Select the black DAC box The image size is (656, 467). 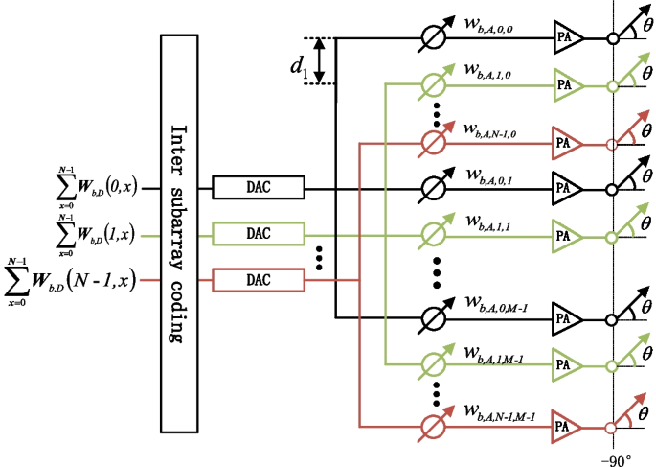(x=258, y=188)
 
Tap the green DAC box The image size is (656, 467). (x=258, y=234)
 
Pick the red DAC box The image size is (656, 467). (x=258, y=280)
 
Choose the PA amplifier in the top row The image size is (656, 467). (x=566, y=39)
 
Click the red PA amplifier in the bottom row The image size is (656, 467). (x=566, y=426)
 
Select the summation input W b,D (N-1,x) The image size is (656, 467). (x=72, y=280)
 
